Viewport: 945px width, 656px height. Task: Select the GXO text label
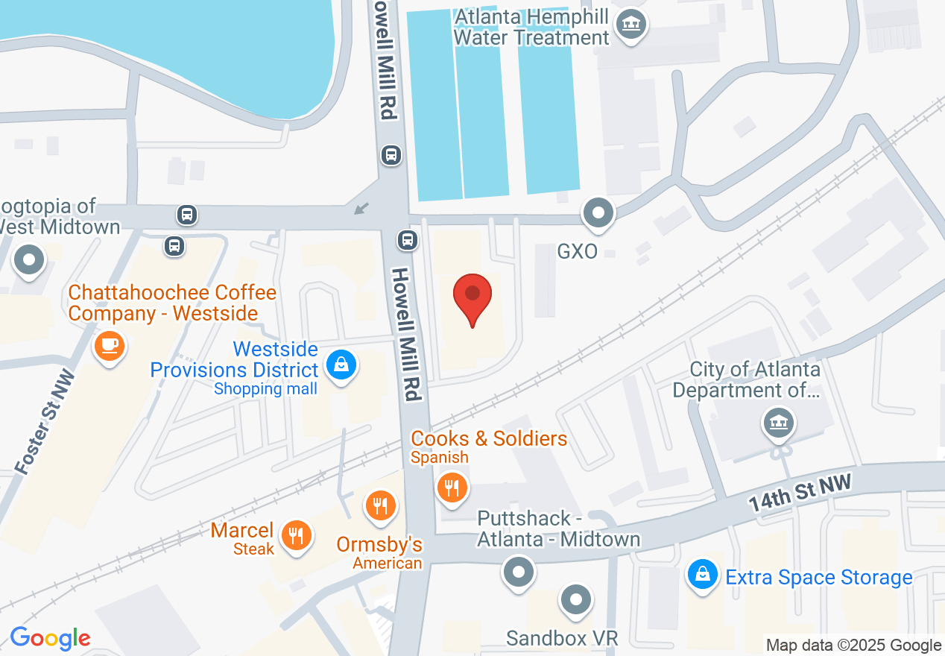[578, 252]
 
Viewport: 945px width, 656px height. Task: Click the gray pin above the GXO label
[597, 214]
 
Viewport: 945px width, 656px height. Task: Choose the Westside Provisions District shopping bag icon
[341, 365]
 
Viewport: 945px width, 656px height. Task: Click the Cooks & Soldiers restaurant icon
[451, 488]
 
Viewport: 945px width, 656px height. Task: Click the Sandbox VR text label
[562, 638]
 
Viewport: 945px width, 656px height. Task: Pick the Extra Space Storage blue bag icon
[702, 576]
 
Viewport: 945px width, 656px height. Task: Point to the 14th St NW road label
[800, 495]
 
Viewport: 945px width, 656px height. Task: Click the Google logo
[50, 637]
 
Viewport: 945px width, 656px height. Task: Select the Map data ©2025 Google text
[853, 646]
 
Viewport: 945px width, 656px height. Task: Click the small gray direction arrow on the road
[361, 208]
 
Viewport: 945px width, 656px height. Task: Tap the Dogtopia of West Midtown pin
[30, 260]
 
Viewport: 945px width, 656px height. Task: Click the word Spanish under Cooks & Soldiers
[440, 457]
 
